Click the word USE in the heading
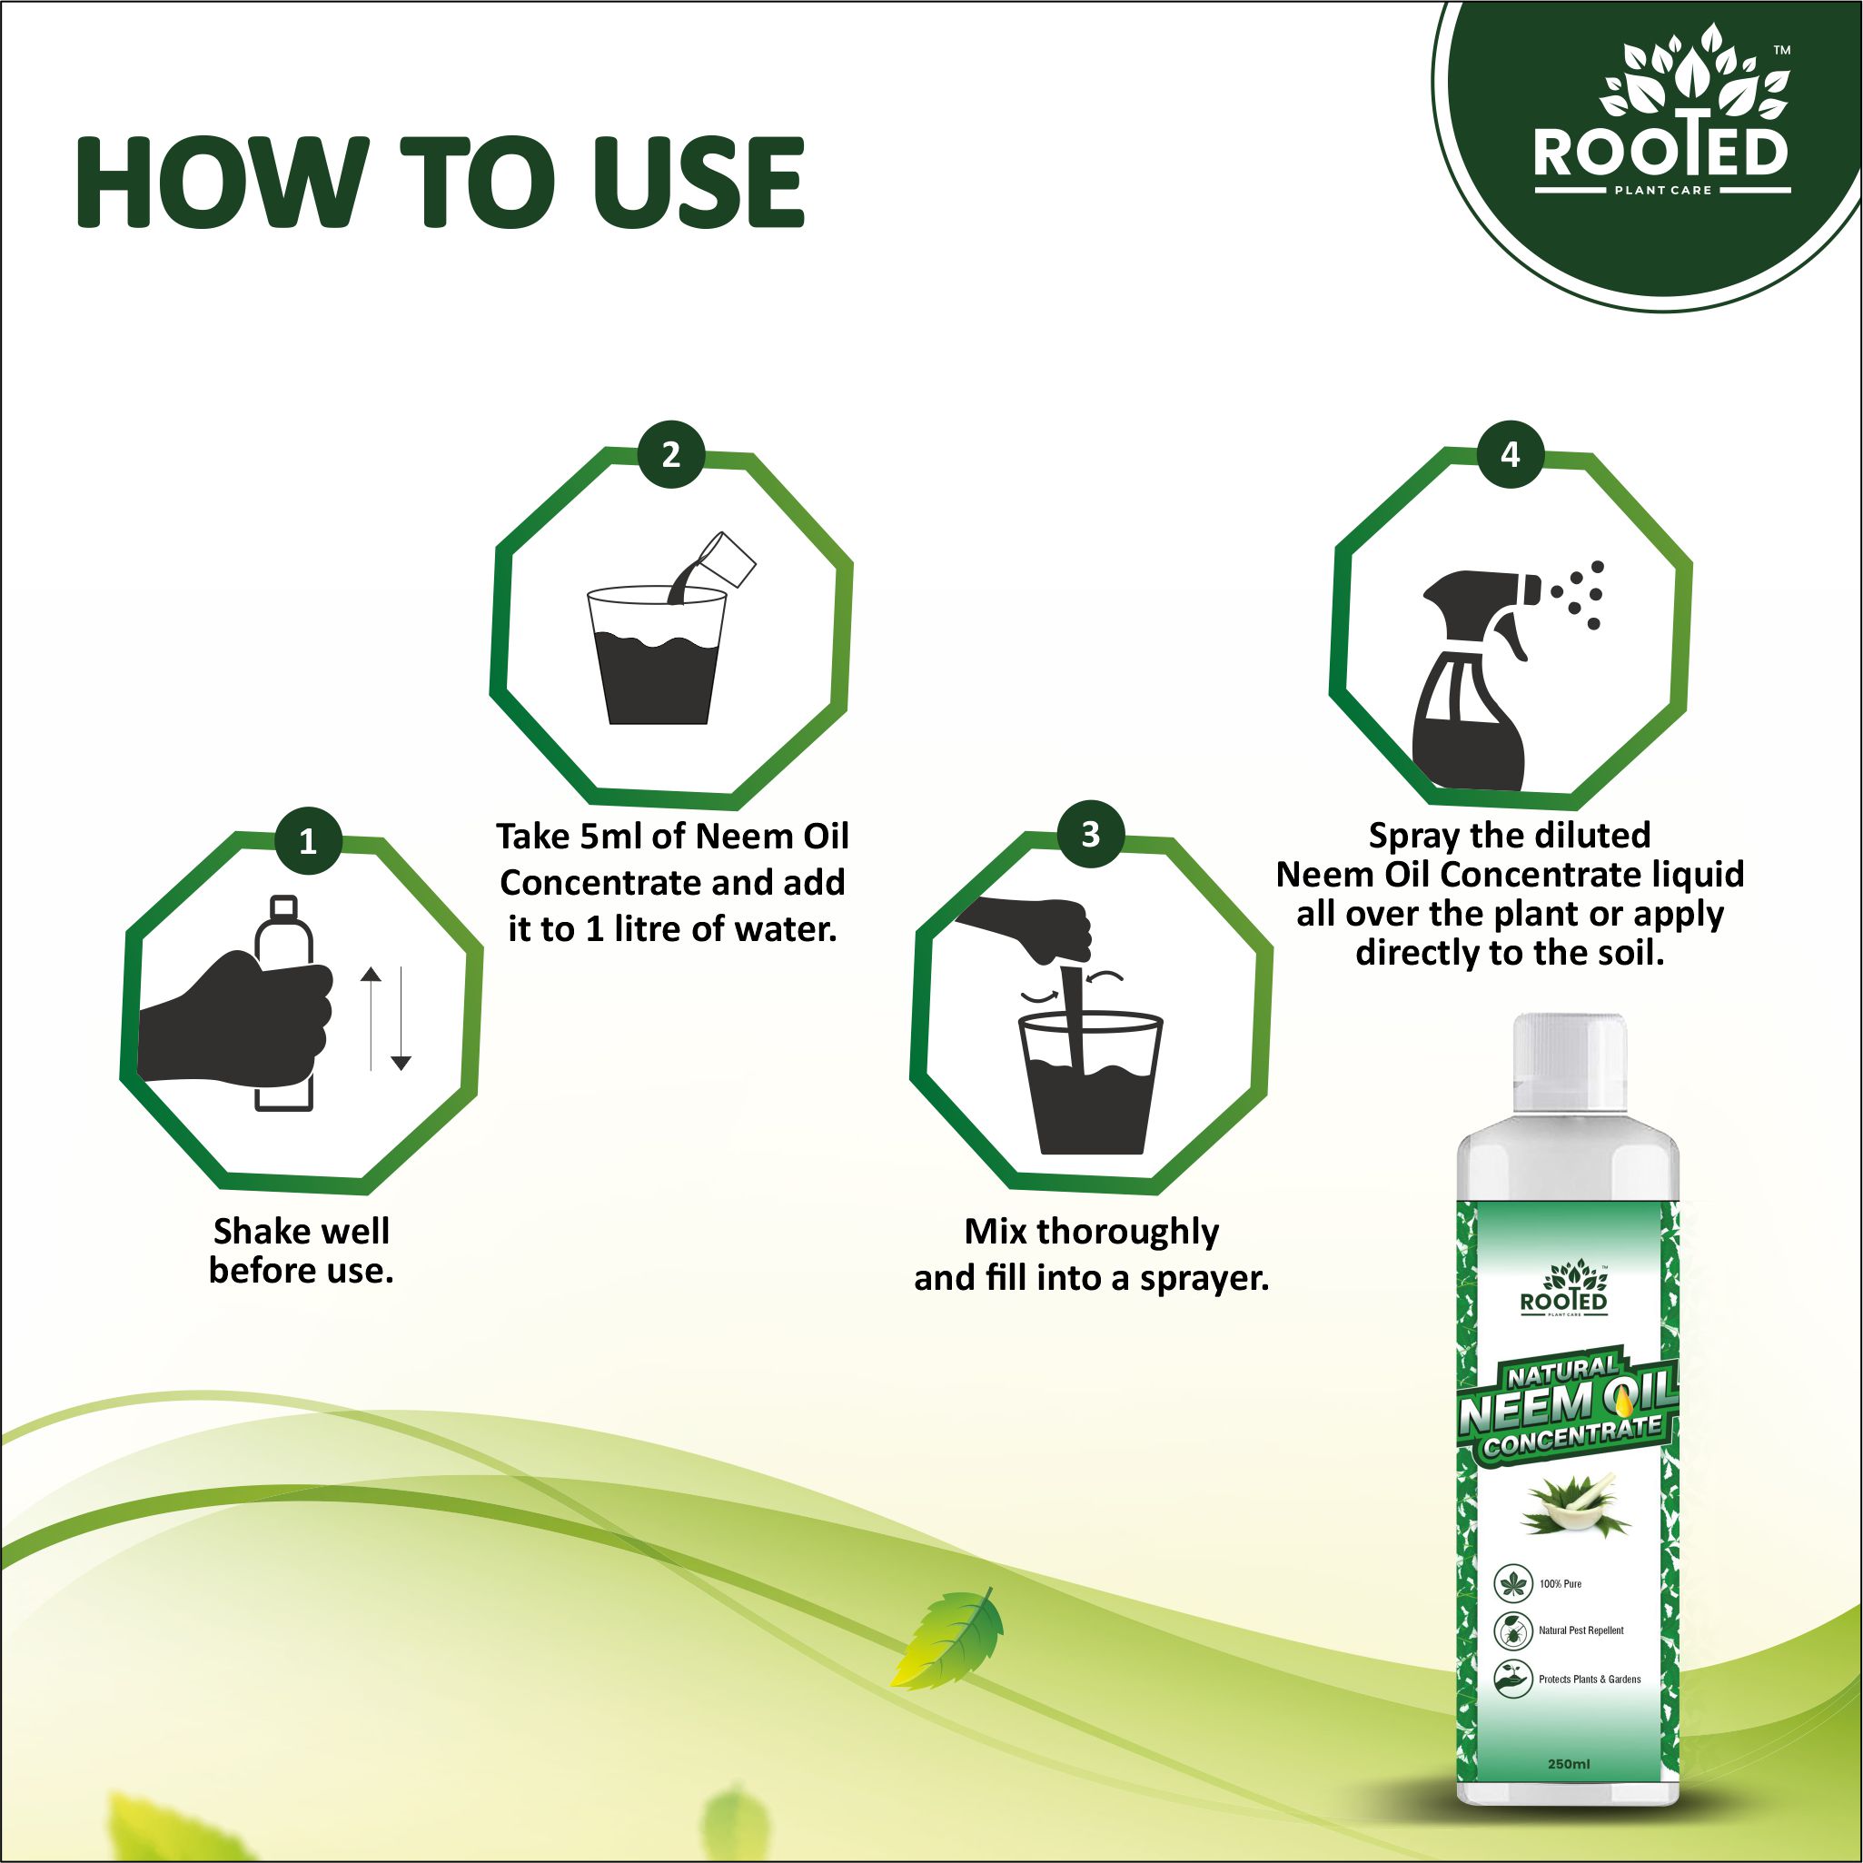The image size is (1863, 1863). coord(698,183)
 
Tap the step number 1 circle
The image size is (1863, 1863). coord(308,842)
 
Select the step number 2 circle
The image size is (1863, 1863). coord(671,454)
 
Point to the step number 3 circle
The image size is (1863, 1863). coord(1091,834)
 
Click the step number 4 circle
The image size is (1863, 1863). coord(1510,454)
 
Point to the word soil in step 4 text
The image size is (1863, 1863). coord(1630,954)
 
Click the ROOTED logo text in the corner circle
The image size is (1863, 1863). coord(1660,152)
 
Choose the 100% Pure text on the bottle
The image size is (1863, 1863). coord(1561,1583)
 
